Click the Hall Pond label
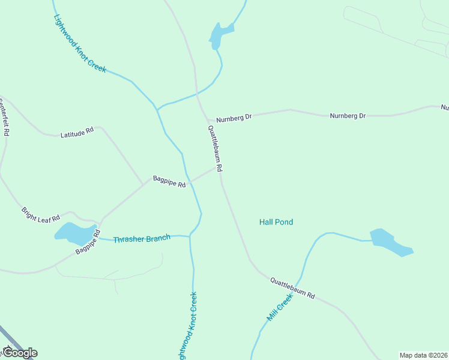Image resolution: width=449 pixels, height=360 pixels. click(276, 222)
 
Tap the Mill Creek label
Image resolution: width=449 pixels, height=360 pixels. click(280, 307)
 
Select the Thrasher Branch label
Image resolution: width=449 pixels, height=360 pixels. click(142, 239)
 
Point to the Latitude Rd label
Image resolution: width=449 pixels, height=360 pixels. click(77, 132)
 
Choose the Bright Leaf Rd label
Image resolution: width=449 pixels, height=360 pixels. click(41, 214)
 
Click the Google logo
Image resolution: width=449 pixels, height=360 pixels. click(19, 353)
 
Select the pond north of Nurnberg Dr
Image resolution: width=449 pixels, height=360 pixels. click(220, 35)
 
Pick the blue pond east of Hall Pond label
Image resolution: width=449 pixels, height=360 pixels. click(390, 242)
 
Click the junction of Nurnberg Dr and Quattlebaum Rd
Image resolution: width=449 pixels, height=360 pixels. click(208, 121)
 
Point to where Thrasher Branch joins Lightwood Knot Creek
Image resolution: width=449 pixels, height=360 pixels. click(190, 236)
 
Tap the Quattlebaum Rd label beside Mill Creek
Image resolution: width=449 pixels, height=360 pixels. click(292, 288)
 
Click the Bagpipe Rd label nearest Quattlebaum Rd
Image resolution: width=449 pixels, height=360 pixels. click(169, 181)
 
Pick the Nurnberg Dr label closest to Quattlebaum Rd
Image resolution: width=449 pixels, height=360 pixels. click(234, 118)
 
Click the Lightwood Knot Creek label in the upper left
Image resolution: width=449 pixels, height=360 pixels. click(79, 43)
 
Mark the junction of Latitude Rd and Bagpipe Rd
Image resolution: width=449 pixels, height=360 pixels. click(143, 182)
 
